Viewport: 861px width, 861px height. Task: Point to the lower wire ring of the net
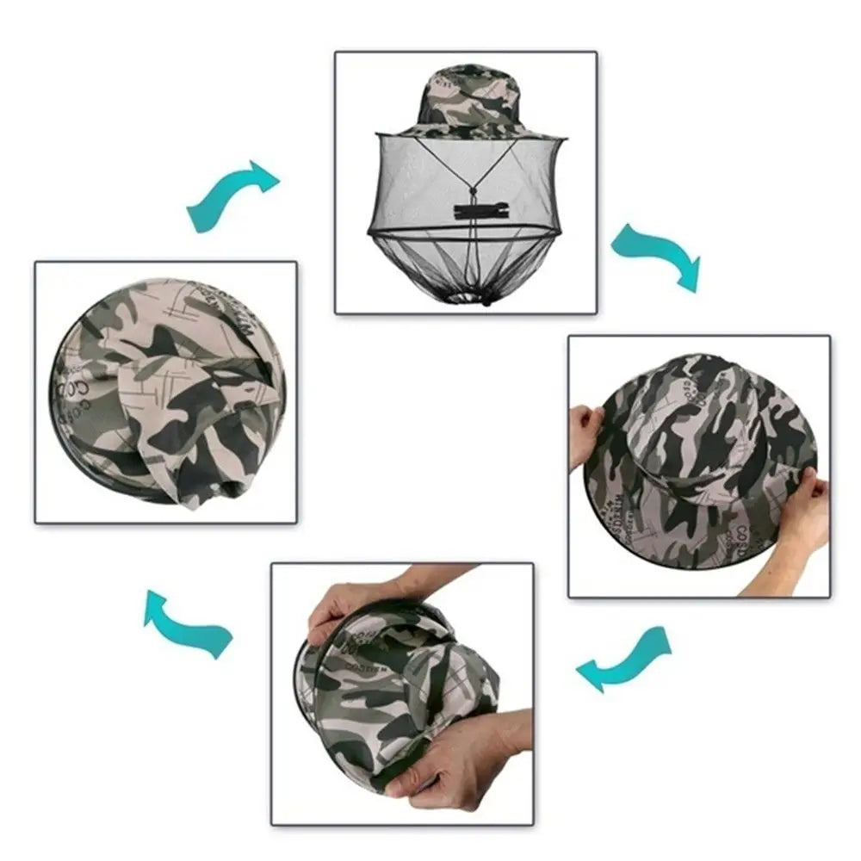[x=465, y=232]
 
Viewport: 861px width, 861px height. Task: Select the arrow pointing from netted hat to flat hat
[x=656, y=255]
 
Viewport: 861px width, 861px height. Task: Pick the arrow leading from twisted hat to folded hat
[x=187, y=623]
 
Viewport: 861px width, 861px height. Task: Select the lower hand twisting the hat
[x=469, y=758]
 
